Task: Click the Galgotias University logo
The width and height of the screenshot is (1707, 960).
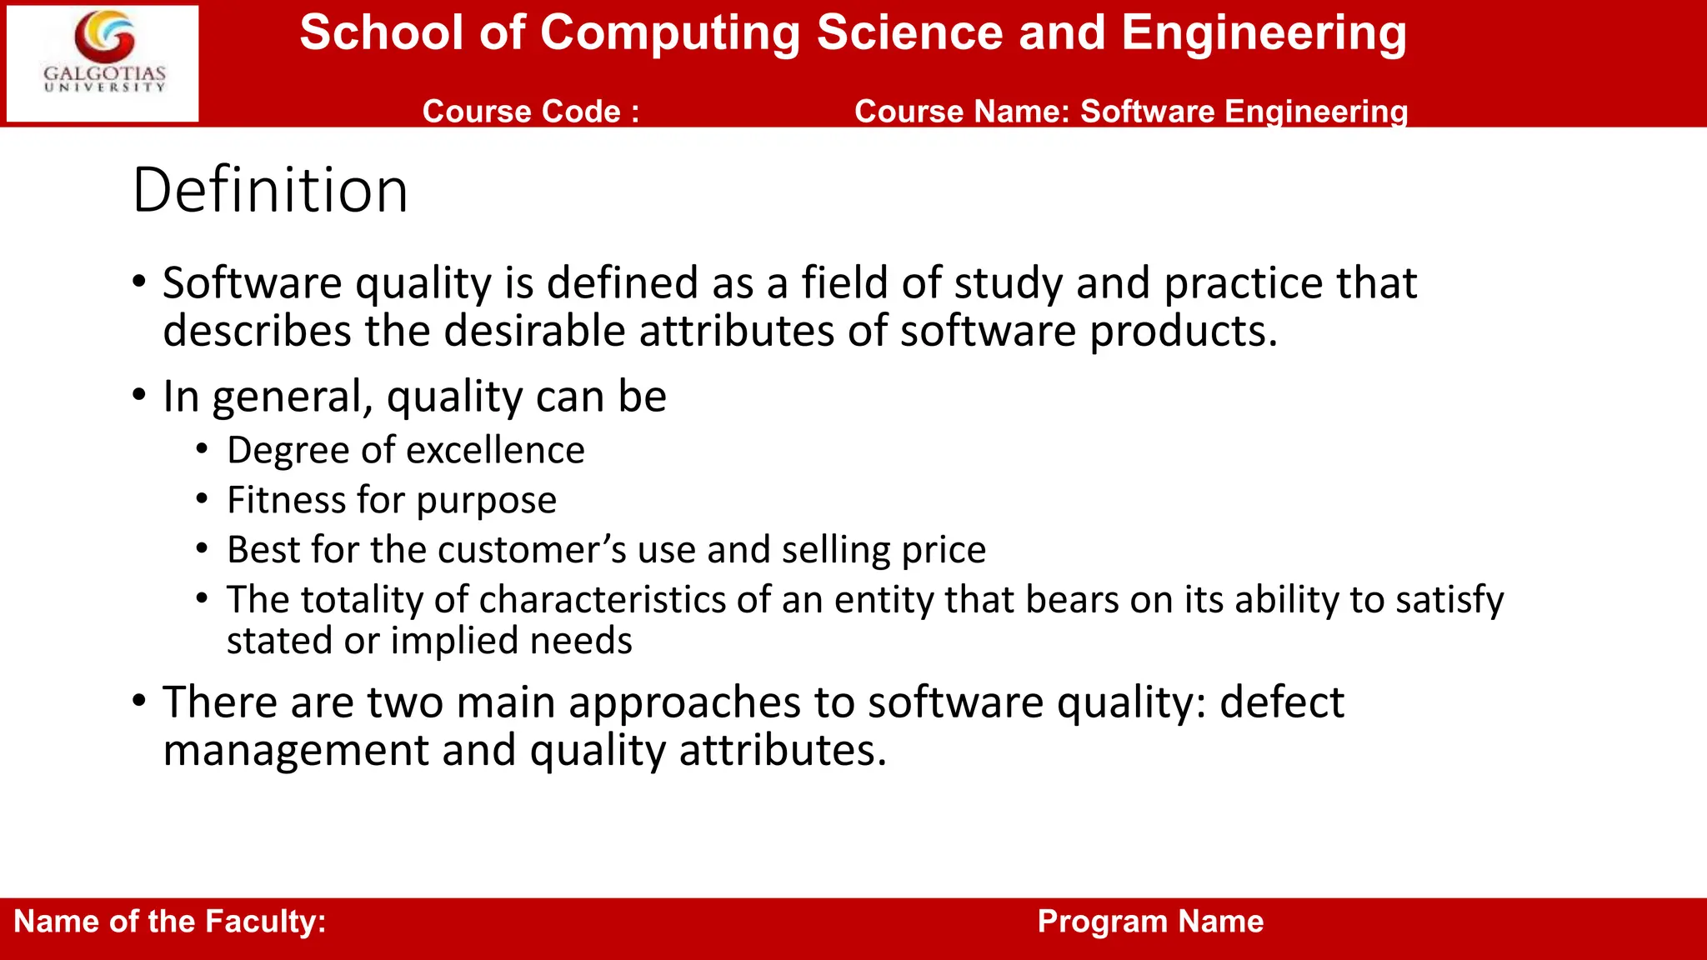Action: click(x=103, y=63)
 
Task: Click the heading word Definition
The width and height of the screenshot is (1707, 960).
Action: click(x=270, y=191)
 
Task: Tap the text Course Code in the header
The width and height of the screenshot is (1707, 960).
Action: click(x=530, y=112)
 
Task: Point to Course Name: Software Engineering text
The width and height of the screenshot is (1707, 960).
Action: click(x=1130, y=112)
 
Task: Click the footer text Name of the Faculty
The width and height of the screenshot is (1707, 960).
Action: click(x=169, y=922)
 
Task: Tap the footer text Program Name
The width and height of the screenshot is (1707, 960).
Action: click(x=1150, y=922)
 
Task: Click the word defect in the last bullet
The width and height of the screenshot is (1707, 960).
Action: click(x=1281, y=702)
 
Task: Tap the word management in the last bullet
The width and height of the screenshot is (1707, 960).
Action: click(x=296, y=751)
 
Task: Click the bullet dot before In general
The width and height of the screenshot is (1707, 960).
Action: click(x=139, y=394)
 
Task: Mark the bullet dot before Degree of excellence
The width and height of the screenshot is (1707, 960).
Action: click(x=202, y=450)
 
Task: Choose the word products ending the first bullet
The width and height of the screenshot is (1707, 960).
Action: click(x=1183, y=332)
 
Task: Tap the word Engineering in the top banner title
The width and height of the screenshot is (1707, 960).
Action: click(x=1264, y=33)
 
